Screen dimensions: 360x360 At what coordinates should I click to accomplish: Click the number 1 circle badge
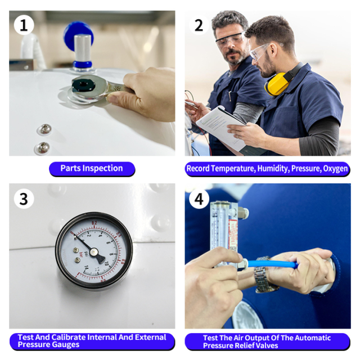pos(24,25)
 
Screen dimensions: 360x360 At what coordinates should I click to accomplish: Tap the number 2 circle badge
pos(199,25)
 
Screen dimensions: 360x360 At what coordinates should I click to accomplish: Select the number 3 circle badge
pos(24,199)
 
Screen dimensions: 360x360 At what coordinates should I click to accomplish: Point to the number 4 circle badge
pos(199,199)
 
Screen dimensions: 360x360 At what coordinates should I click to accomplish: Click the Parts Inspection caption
pos(92,169)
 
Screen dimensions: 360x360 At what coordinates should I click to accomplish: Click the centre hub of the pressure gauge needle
pos(93,252)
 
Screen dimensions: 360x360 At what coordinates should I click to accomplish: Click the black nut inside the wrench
pos(83,85)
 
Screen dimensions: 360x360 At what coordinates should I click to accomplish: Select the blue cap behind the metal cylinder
pos(78,34)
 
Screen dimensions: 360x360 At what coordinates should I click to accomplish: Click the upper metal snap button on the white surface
pos(45,129)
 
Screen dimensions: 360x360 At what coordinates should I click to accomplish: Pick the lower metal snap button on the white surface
pos(43,147)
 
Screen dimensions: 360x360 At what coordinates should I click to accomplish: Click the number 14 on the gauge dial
pos(86,268)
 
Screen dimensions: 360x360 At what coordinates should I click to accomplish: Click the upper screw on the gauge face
pos(75,250)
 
